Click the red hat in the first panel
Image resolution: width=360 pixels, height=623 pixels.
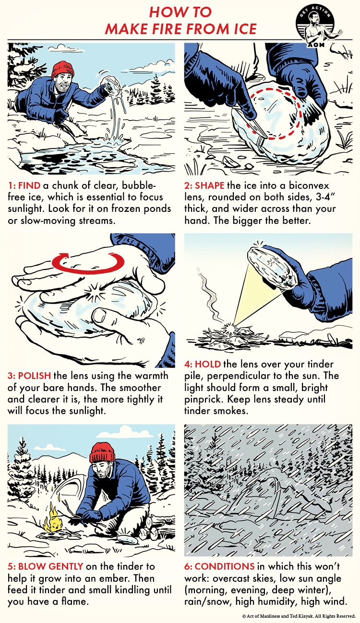[63, 70]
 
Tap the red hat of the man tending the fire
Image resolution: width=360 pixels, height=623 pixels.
[102, 452]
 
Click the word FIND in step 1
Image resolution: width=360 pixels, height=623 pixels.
[29, 185]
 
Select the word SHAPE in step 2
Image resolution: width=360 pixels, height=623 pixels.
[210, 185]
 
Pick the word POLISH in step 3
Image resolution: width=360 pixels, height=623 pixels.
[35, 376]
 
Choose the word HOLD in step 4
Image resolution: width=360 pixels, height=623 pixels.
[208, 364]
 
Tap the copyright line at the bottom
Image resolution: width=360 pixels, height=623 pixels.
[299, 616]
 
